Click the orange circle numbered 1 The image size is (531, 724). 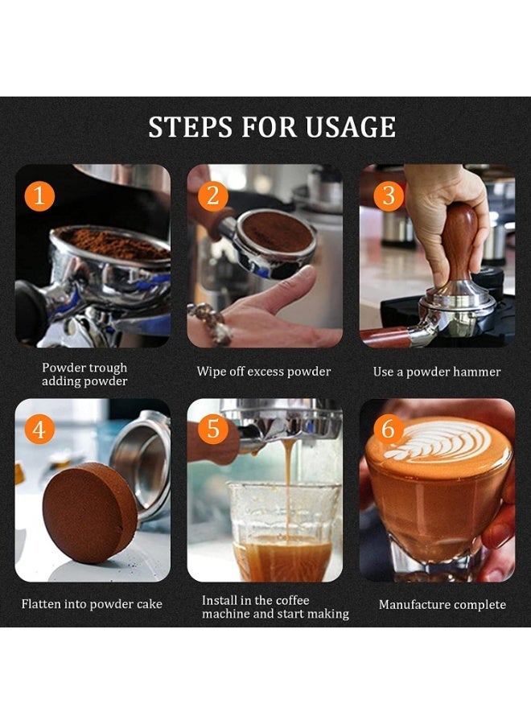39,195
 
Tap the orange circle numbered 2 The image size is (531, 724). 212,195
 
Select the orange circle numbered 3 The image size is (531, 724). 389,195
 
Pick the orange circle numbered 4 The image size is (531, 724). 39,429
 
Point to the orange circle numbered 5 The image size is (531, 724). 212,429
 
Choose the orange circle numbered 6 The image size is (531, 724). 389,429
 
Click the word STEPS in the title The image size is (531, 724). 191,127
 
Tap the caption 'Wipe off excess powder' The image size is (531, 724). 264,372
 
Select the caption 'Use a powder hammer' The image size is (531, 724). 437,372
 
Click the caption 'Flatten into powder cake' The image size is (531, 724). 92,604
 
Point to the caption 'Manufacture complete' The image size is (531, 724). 442,604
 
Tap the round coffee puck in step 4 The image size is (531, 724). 89,512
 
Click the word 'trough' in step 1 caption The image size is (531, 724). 109,368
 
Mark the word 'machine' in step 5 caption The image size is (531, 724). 226,614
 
